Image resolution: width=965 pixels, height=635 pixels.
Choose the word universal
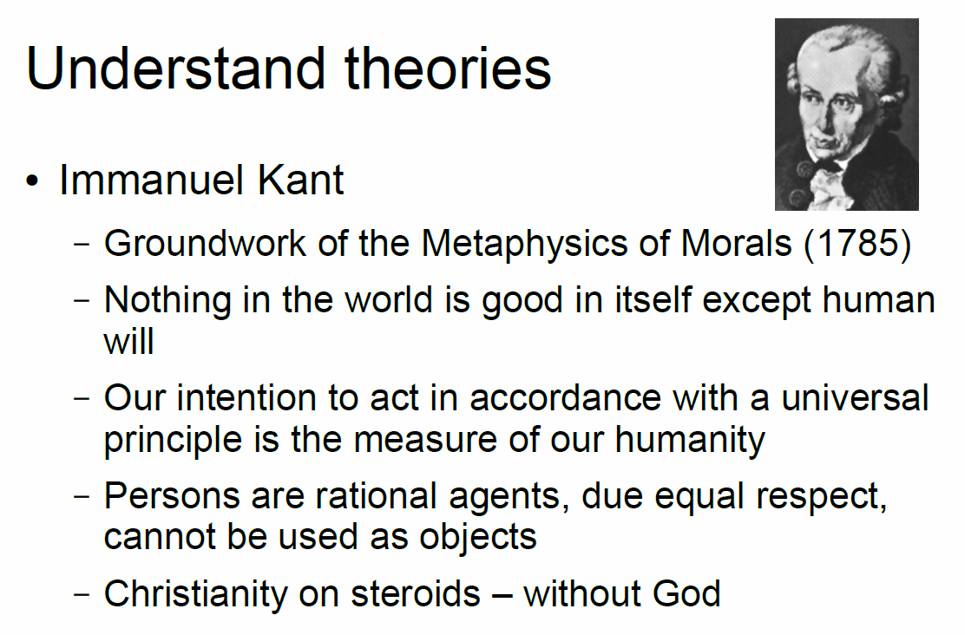click(x=855, y=398)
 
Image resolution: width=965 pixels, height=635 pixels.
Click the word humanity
click(x=690, y=441)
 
